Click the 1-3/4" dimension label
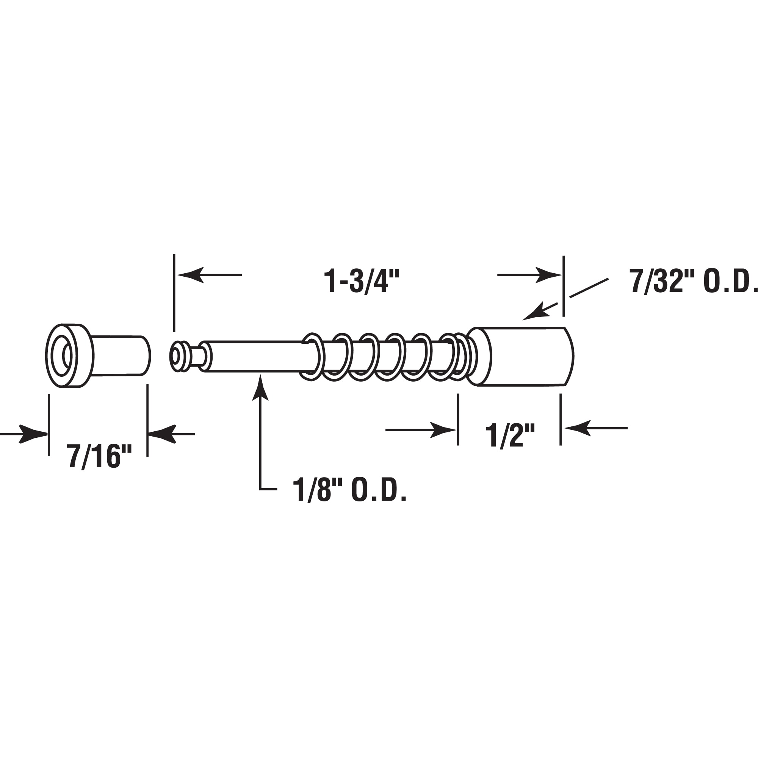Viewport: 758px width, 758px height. click(x=361, y=281)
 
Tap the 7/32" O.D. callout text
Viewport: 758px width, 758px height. click(x=692, y=281)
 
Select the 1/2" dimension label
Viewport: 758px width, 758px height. click(x=510, y=435)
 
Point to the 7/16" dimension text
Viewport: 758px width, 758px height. click(x=99, y=456)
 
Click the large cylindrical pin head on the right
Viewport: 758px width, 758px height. click(x=522, y=356)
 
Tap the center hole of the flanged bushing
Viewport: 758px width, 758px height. click(x=67, y=356)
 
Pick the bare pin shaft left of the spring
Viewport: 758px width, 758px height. click(x=255, y=356)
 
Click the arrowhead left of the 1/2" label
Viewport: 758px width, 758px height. click(x=443, y=430)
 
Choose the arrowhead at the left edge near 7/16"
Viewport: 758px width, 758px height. click(x=33, y=434)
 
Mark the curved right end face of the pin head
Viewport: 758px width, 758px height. click(x=569, y=356)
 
